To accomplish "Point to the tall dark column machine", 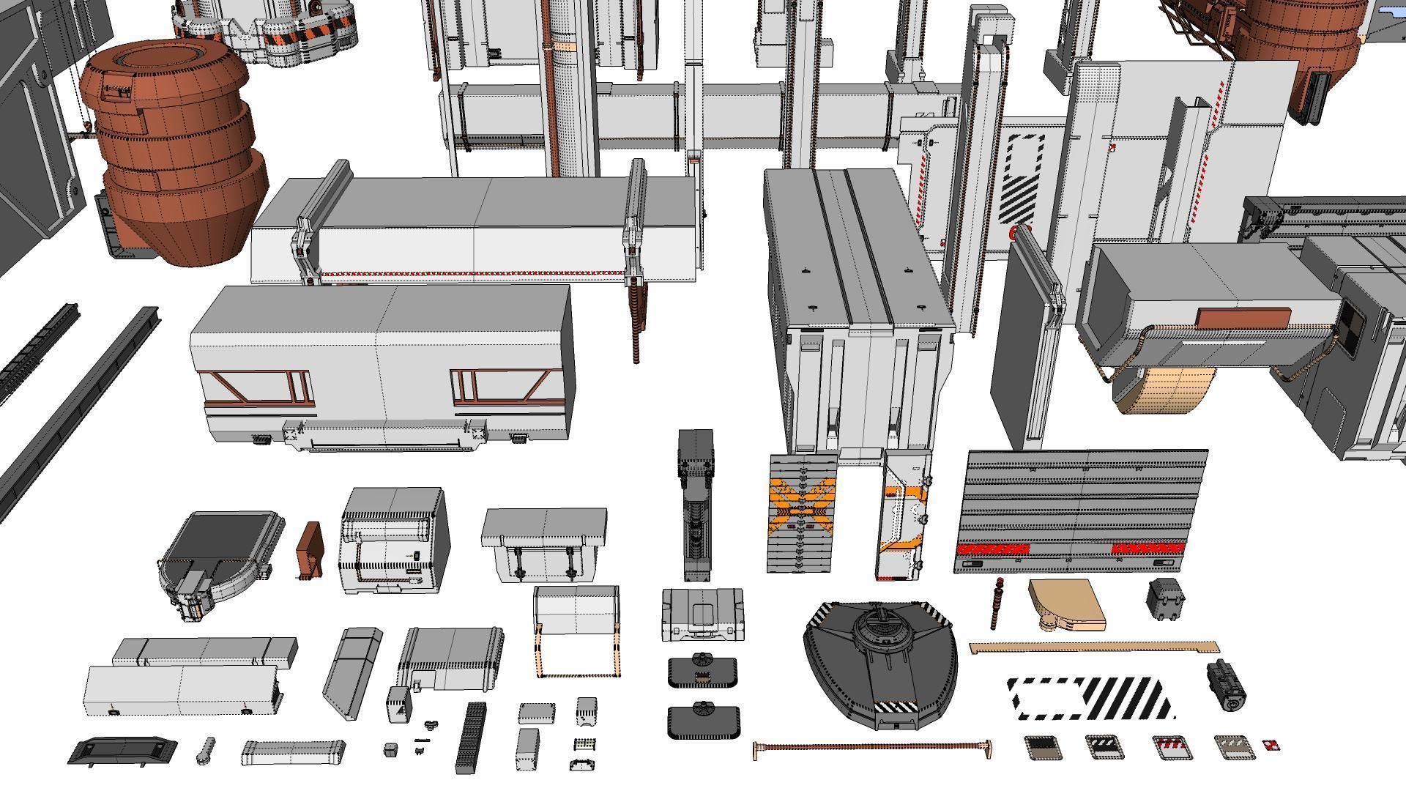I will coord(695,505).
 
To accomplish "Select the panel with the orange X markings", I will coord(803,513).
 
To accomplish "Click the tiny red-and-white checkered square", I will coord(1271,746).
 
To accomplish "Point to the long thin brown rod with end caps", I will coord(871,748).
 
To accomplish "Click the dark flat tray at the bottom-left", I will coord(123,751).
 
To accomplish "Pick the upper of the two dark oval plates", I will coord(702,670).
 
